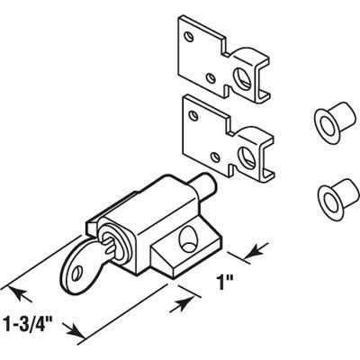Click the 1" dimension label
225,282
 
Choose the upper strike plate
222,59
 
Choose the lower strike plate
228,138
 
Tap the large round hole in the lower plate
247,157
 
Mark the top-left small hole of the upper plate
189,37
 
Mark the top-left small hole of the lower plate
194,116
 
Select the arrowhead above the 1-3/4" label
20,294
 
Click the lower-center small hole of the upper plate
211,78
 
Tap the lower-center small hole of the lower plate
215,157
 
